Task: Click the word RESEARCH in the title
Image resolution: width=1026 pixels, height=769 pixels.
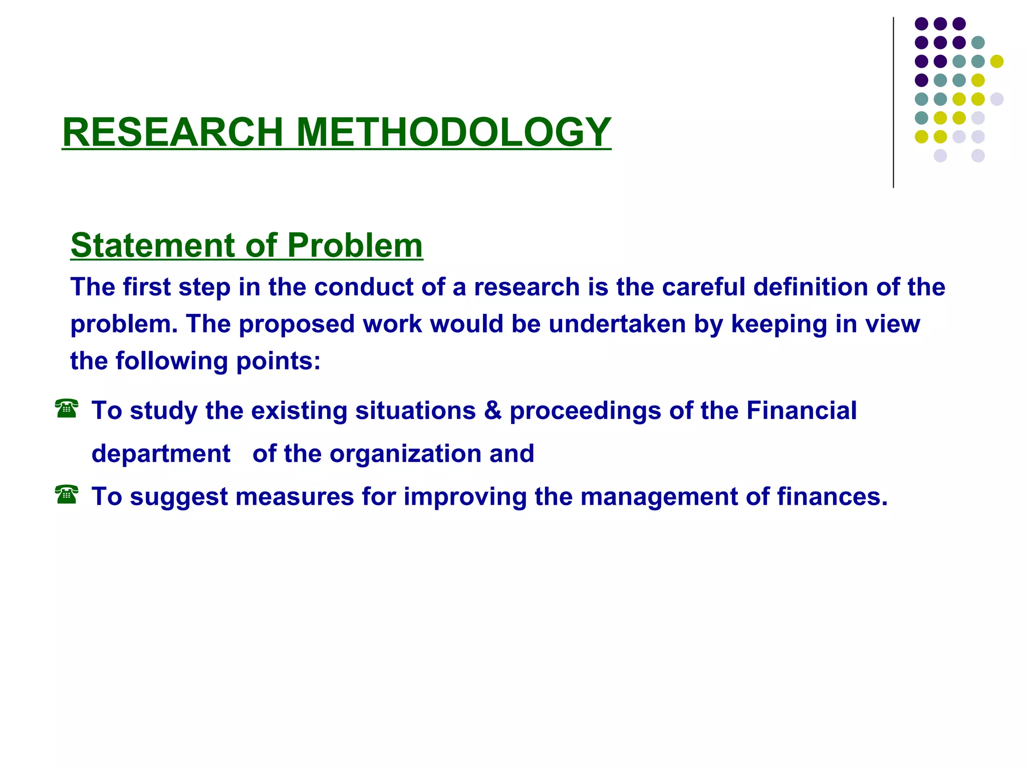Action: [173, 132]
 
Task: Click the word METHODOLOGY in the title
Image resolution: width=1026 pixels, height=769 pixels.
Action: [453, 132]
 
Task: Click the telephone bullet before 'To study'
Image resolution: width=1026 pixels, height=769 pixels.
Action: [67, 409]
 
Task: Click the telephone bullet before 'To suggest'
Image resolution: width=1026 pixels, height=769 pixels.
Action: [67, 495]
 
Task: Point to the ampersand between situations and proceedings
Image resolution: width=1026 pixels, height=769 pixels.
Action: [492, 411]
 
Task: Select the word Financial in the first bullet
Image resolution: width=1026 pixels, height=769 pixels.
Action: [801, 411]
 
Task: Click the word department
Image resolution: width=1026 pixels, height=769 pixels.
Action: [161, 454]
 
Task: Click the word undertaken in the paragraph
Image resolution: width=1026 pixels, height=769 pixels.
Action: [617, 324]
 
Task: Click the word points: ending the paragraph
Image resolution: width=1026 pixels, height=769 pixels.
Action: [278, 361]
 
